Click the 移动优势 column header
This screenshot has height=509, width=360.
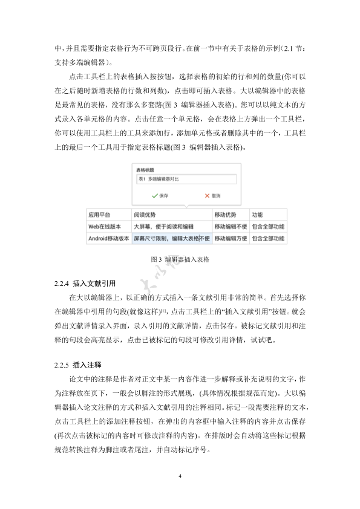click(226, 215)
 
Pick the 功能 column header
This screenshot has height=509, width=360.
click(258, 215)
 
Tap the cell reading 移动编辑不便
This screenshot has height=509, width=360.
click(231, 227)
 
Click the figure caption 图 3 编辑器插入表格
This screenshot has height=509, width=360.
click(180, 259)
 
